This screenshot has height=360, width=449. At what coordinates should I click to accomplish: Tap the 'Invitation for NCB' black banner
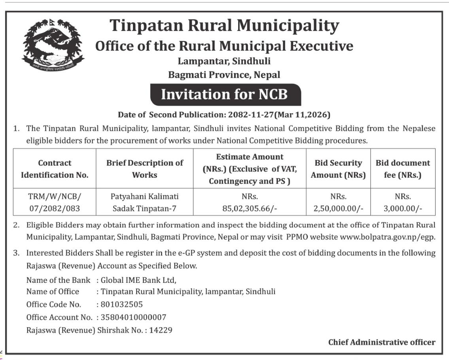pos(224,95)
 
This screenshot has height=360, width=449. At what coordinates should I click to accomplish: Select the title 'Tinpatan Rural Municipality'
pos(224,26)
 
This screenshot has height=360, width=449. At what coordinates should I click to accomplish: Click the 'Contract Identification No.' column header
pos(55,169)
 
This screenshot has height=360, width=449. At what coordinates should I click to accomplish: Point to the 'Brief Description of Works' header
pos(144,169)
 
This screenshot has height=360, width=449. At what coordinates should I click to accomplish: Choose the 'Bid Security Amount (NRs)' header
pos(338,169)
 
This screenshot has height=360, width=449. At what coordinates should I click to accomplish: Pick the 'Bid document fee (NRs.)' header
pos(403,169)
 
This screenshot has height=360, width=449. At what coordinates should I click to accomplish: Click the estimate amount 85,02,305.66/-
pos(250,208)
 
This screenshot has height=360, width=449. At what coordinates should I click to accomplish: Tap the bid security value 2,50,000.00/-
pos(338,208)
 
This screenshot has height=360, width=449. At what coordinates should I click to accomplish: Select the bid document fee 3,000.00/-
pos(403,208)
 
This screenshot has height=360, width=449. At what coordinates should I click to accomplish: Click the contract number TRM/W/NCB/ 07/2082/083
pos(55,202)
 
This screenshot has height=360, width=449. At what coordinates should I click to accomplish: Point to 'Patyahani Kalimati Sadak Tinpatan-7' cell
pos(144,202)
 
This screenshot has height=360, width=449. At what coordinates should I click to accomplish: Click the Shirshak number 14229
pos(161,330)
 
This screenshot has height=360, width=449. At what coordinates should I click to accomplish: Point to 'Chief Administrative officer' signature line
pos(382,342)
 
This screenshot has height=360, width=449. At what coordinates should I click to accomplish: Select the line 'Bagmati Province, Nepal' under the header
pos(224,74)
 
